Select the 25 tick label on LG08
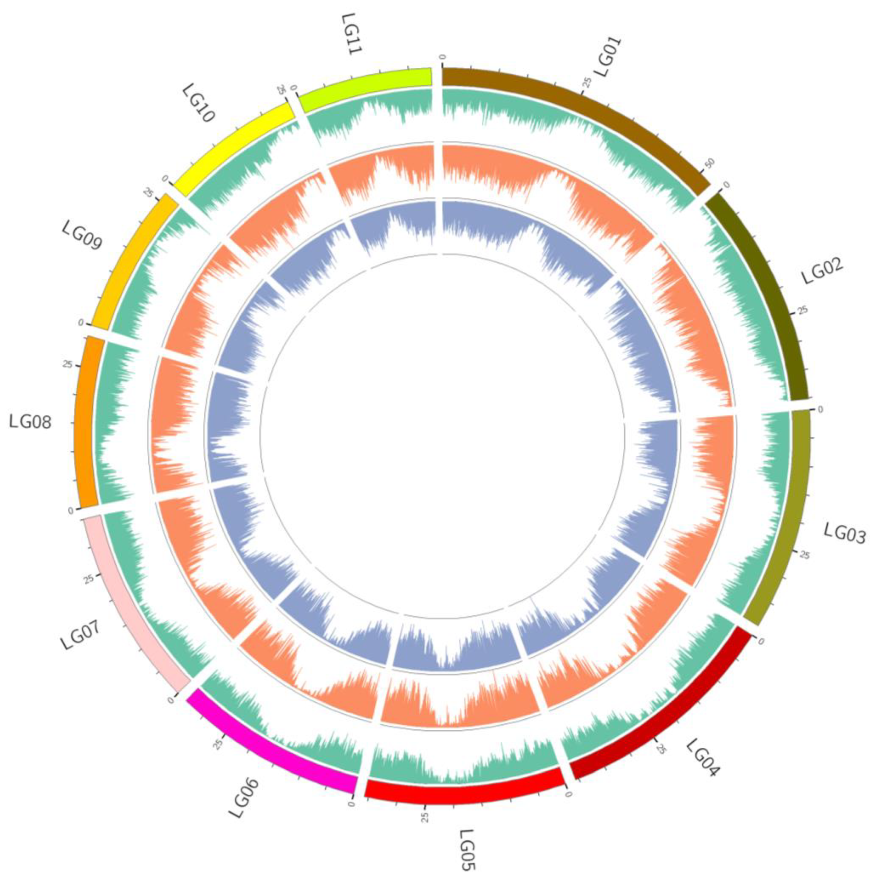[x=68, y=365]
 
